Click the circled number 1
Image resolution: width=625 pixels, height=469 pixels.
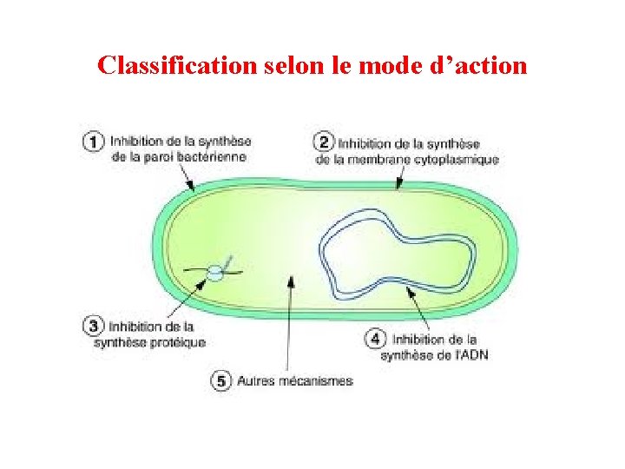pos(94,142)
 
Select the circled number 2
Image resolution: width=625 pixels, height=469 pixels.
pos(324,142)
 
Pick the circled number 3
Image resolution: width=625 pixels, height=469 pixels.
pos(94,327)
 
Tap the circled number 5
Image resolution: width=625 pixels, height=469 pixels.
pos(221,380)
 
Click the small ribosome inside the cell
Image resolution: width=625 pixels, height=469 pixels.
pos(214,274)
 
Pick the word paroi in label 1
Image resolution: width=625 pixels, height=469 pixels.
pos(155,157)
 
